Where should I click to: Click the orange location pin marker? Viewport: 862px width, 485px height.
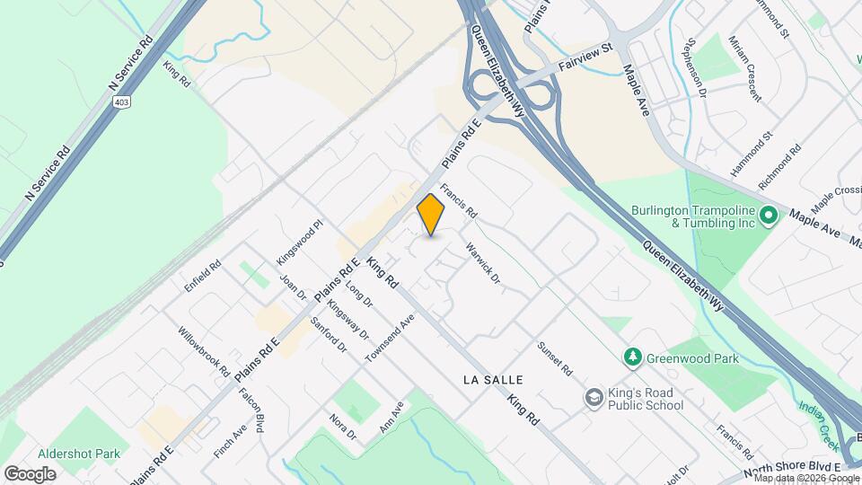(x=431, y=215)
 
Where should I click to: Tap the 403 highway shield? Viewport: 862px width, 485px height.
(x=120, y=102)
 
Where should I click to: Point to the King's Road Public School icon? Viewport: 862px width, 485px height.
(x=594, y=397)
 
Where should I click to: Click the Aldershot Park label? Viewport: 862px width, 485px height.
(x=79, y=454)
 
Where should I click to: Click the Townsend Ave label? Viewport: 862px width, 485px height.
(x=391, y=338)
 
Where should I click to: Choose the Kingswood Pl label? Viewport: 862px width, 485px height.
(x=299, y=242)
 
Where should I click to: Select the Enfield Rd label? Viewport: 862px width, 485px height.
(x=203, y=277)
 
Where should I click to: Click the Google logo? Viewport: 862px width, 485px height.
(x=30, y=473)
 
